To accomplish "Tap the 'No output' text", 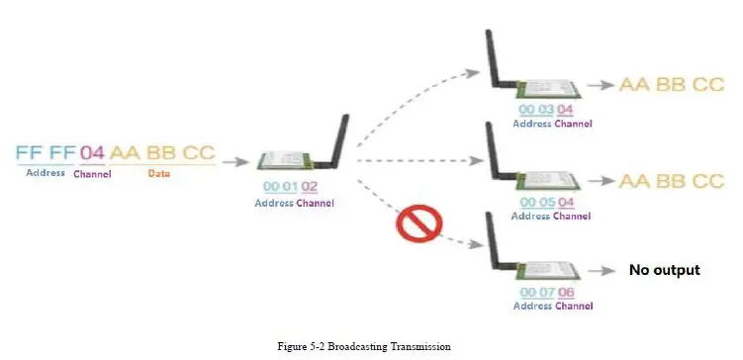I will click(x=664, y=270).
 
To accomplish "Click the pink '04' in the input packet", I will click(x=92, y=153).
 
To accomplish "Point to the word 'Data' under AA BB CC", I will click(x=158, y=173).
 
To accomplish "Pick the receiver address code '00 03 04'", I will click(x=546, y=109).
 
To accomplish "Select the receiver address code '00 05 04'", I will click(x=546, y=202).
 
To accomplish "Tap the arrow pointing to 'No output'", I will click(x=600, y=270).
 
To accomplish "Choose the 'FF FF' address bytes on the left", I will click(x=46, y=153).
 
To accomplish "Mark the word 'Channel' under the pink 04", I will click(x=92, y=174).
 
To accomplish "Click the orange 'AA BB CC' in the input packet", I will click(x=162, y=153).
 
